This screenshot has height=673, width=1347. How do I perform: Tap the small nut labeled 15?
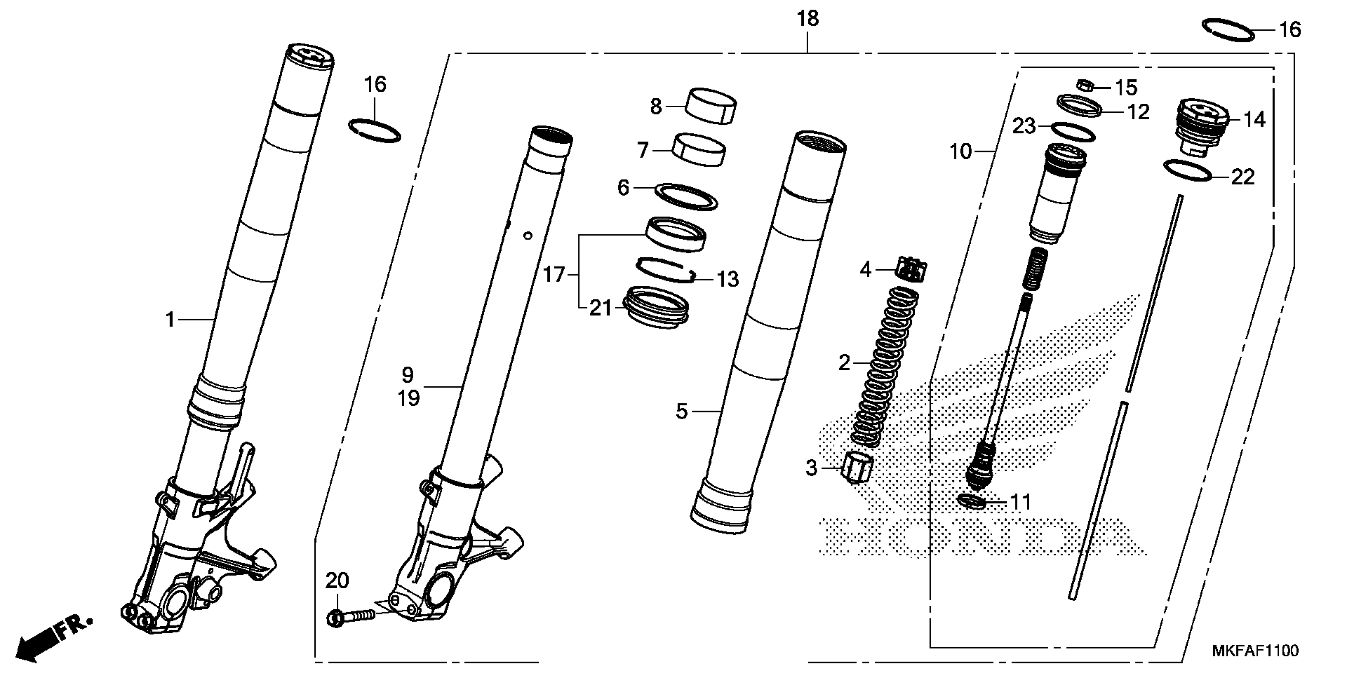pyautogui.click(x=1086, y=85)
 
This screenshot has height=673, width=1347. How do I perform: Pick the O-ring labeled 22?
pyautogui.click(x=1188, y=171)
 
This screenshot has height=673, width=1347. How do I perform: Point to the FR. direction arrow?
pyautogui.click(x=52, y=638)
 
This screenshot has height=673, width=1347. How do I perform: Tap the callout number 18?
pyautogui.click(x=807, y=19)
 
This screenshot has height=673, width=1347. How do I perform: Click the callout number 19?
pyautogui.click(x=408, y=399)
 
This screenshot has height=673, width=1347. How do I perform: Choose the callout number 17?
pyautogui.click(x=554, y=274)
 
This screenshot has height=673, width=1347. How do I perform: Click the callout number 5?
pyautogui.click(x=681, y=411)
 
